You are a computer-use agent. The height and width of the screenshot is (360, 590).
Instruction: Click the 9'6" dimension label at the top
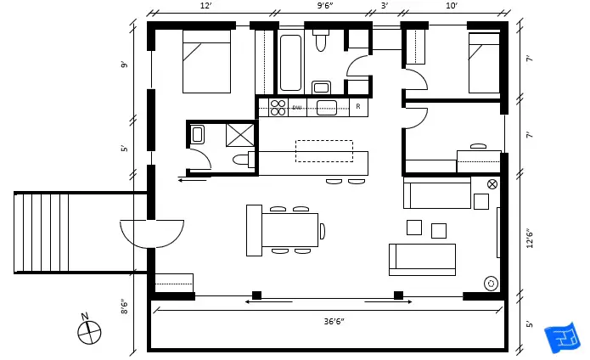tap(324, 6)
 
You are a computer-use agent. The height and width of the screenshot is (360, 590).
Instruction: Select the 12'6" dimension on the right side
tap(530, 229)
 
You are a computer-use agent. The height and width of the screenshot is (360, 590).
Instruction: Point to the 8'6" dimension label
tap(125, 306)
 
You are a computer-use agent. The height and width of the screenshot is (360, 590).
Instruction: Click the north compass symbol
tap(88, 330)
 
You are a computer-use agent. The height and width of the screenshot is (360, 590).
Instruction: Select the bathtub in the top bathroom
tap(290, 62)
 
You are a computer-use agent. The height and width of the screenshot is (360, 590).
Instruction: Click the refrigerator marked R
tap(358, 107)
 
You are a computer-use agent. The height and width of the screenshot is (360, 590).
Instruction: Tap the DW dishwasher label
tap(297, 108)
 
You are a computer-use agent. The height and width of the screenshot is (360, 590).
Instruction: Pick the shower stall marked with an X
tap(240, 134)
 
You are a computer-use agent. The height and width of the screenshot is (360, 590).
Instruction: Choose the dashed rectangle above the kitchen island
tap(323, 151)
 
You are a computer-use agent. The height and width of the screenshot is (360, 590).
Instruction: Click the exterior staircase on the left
tap(42, 233)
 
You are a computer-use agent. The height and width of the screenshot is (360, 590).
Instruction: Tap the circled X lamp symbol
tap(492, 184)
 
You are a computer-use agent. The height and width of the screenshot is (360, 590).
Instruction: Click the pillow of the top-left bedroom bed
tap(206, 37)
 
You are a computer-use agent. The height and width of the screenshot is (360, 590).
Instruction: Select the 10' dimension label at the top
tap(451, 6)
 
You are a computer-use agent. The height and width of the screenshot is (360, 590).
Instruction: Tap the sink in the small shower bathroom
tap(197, 133)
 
